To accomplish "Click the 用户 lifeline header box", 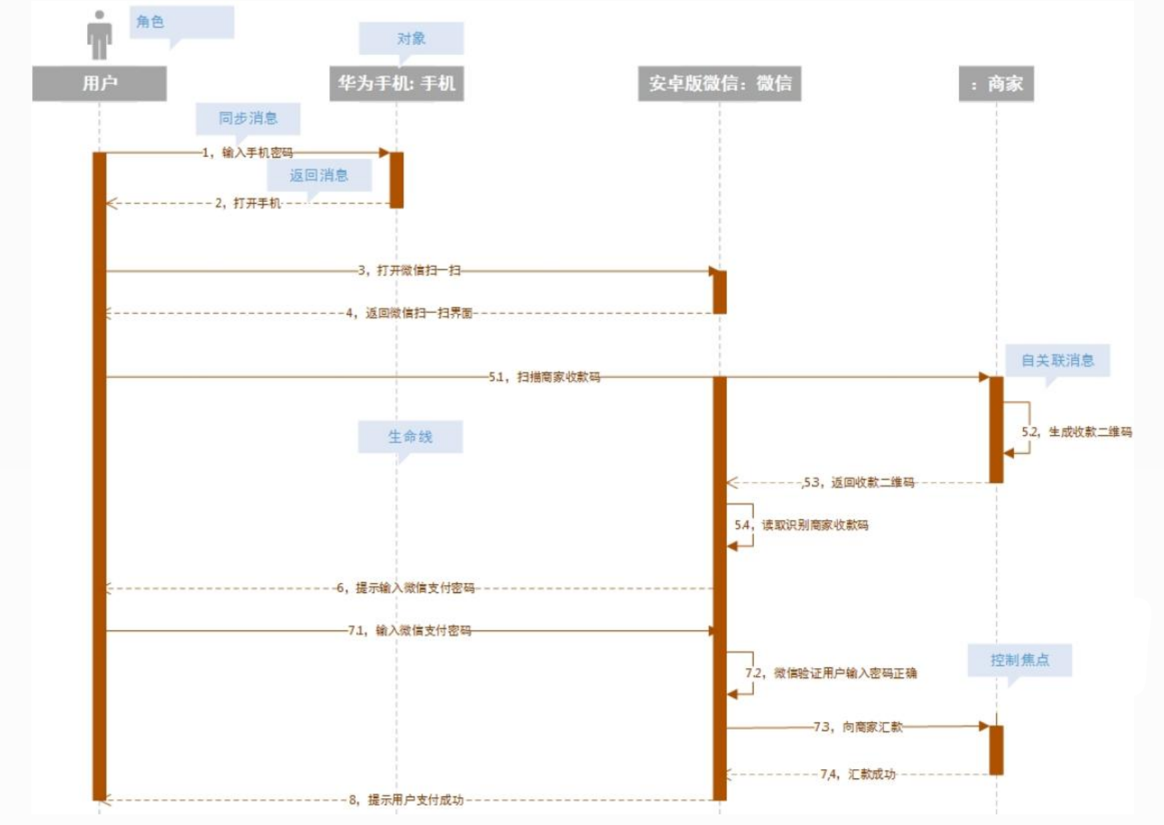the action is (99, 83).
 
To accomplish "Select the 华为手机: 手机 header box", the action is (396, 83).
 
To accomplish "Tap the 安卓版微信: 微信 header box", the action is (720, 83).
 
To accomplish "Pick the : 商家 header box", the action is (996, 83).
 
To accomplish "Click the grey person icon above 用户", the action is (99, 35).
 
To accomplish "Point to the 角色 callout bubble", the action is (181, 25).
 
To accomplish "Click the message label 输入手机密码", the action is (257, 153).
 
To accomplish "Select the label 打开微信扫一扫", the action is (419, 271).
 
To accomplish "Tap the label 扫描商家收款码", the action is (559, 377).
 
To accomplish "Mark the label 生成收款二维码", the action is (1090, 431).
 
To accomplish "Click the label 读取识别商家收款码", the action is (815, 525).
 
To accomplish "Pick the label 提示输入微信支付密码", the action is (415, 588).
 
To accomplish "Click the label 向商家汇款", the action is (873, 727).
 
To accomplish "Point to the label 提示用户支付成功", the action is (416, 800).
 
